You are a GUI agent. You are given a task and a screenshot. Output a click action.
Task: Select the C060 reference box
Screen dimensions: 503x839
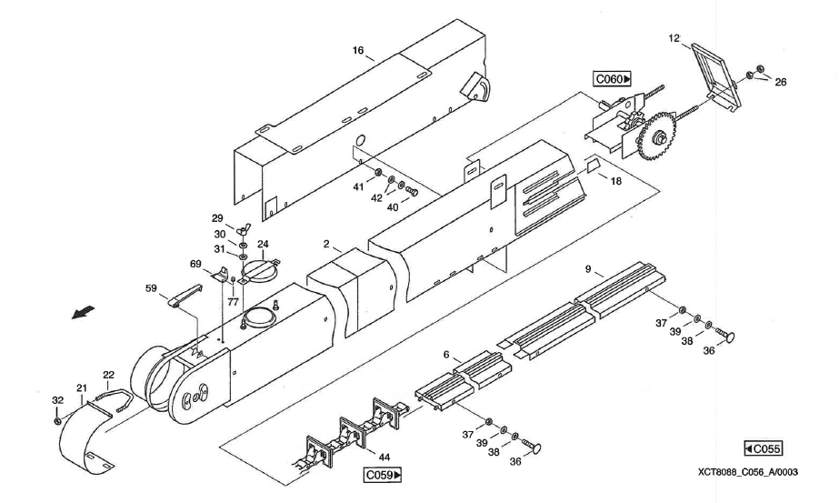click(x=613, y=80)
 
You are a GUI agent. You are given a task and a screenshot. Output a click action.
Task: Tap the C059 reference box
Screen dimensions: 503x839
click(x=383, y=475)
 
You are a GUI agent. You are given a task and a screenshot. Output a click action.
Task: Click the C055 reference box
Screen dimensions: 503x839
click(x=762, y=448)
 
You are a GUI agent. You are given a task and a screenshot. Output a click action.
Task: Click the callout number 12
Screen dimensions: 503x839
click(x=674, y=39)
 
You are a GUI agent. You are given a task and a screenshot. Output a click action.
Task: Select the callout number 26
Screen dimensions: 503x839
click(x=781, y=82)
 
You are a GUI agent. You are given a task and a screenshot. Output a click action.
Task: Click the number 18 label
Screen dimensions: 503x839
click(x=615, y=182)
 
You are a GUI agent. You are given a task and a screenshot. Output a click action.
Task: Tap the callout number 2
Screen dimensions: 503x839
click(x=325, y=246)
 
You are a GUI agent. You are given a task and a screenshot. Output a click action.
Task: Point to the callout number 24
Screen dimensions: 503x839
click(x=263, y=244)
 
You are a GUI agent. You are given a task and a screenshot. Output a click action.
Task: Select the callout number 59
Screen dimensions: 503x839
click(x=151, y=288)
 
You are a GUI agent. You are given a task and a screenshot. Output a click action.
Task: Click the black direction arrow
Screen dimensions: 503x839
click(x=83, y=313)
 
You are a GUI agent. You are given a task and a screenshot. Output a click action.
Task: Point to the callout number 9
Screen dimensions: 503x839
click(x=588, y=268)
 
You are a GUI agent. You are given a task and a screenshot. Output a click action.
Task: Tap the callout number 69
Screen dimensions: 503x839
click(x=195, y=263)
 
